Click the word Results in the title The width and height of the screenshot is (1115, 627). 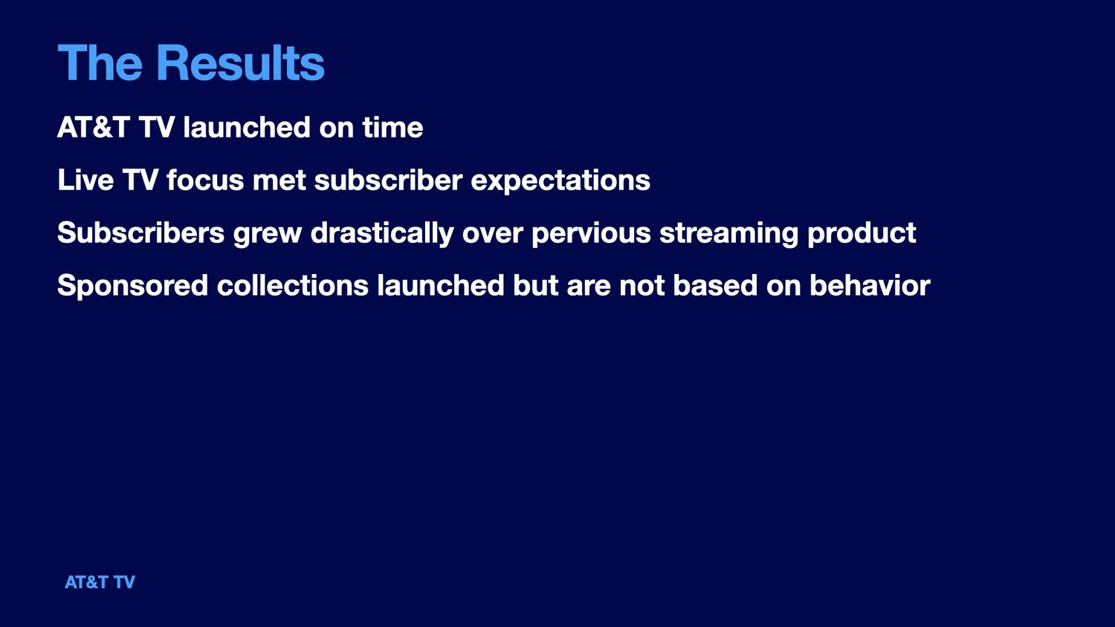pos(240,62)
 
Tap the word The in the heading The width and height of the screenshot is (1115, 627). pos(100,62)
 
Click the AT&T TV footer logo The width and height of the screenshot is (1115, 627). pos(100,582)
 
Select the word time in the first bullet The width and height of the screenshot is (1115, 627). pos(392,127)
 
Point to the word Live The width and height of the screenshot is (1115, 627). pos(85,180)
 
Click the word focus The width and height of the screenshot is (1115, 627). pos(205,180)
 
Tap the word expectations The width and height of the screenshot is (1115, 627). pos(560,181)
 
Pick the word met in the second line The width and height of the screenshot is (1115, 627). pos(279,181)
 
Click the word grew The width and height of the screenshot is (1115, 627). pos(268,234)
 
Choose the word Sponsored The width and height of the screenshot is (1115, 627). pos(133,286)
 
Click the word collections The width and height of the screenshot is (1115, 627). pos(293,285)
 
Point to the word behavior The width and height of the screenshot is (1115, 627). pos(870,285)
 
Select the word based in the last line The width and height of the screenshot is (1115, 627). pos(715,285)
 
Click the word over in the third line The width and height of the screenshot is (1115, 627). pos(493,235)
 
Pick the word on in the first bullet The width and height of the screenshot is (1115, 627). pos(337,129)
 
